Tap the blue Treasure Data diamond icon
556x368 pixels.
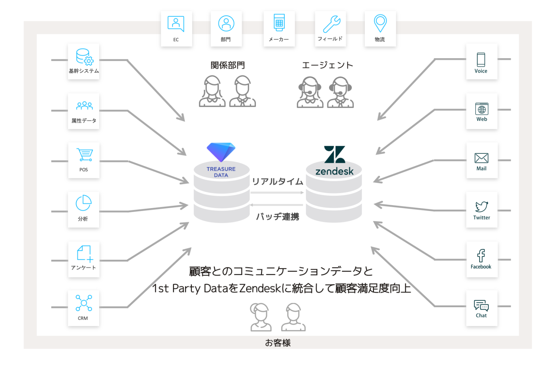coord(221,151)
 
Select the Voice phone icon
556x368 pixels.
coord(481,59)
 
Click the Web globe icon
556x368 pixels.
coord(481,109)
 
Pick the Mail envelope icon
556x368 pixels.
coord(481,158)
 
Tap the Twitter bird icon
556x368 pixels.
coord(482,207)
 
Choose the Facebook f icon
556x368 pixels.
coord(481,255)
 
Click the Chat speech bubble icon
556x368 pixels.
coord(481,305)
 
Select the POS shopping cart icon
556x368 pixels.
coord(84,155)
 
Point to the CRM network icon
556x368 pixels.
coord(84,303)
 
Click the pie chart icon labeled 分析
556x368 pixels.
coord(83,203)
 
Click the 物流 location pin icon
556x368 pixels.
coord(380,24)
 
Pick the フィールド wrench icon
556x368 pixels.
coord(331,24)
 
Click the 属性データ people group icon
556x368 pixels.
coord(84,106)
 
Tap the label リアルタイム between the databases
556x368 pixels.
coord(278,182)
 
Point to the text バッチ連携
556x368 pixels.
coord(278,217)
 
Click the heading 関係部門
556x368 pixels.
coord(228,65)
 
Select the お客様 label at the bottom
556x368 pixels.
coord(278,343)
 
